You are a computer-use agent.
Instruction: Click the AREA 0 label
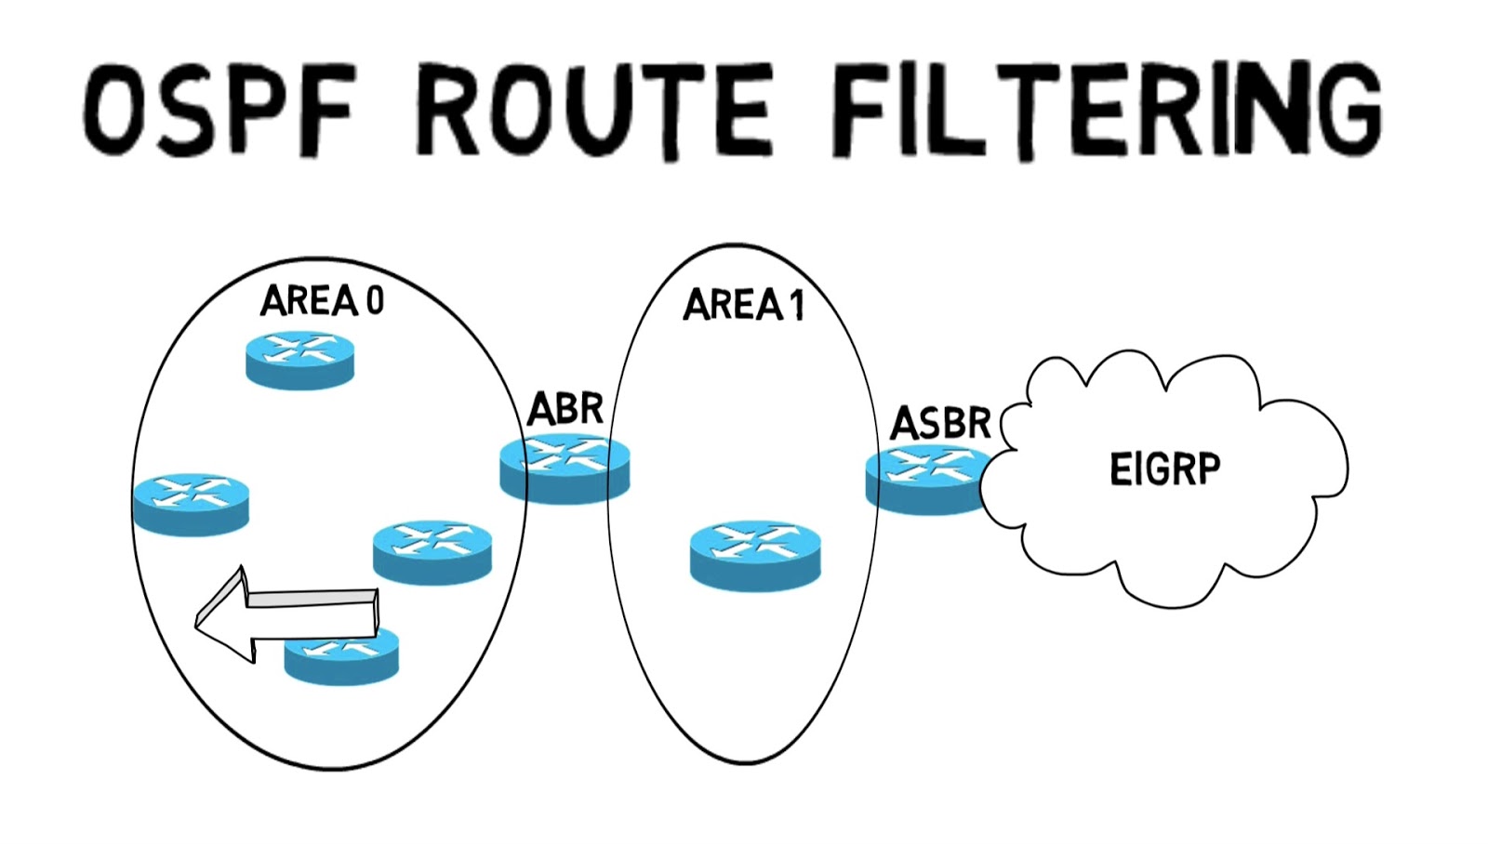pyautogui.click(x=322, y=301)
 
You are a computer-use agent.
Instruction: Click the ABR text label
pyautogui.click(x=565, y=409)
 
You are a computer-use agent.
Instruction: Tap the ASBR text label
pyautogui.click(x=940, y=424)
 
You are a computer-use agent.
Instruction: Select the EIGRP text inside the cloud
pyautogui.click(x=1164, y=468)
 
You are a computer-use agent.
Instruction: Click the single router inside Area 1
pyautogui.click(x=755, y=555)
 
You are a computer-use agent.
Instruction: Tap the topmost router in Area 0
pyautogui.click(x=299, y=360)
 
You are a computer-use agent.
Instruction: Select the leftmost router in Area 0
pyautogui.click(x=191, y=503)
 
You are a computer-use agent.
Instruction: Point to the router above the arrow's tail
pyautogui.click(x=432, y=551)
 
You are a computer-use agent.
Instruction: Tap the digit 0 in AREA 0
pyautogui.click(x=374, y=301)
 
